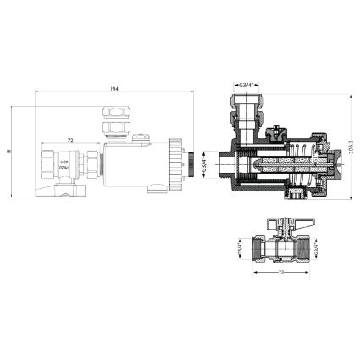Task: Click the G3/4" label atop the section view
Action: (x=248, y=86)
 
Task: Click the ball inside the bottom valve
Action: (x=278, y=252)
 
